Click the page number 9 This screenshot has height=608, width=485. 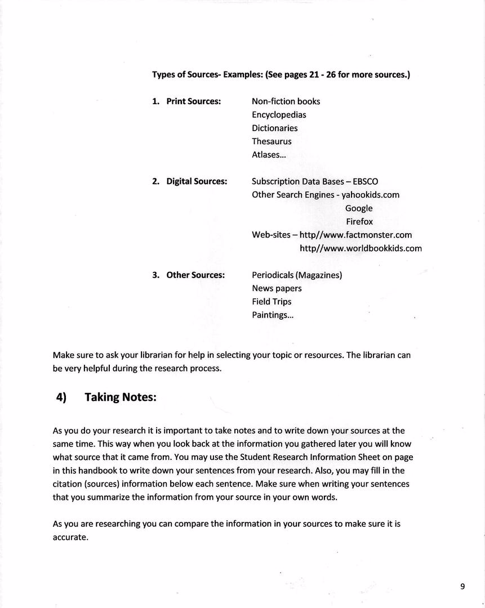click(x=462, y=586)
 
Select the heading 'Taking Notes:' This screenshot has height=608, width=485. click(x=120, y=397)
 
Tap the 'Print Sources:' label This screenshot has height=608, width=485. click(x=193, y=101)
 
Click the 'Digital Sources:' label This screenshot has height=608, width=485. click(x=197, y=181)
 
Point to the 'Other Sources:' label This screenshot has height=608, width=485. click(x=195, y=275)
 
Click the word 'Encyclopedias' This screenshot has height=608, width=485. click(x=279, y=115)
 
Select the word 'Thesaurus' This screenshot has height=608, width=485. click(x=272, y=141)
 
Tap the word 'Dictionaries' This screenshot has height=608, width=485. click(x=274, y=128)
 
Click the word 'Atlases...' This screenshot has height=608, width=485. click(x=268, y=155)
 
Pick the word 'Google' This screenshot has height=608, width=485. click(x=359, y=208)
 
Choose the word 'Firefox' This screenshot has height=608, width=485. click(x=359, y=222)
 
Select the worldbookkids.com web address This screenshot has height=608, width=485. click(x=361, y=248)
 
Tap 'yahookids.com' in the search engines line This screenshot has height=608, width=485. click(x=370, y=195)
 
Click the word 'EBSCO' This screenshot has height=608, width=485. click(x=365, y=181)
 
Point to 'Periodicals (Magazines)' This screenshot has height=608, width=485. click(x=297, y=275)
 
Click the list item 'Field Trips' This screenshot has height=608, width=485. click(x=272, y=302)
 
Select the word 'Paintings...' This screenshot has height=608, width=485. click(x=273, y=315)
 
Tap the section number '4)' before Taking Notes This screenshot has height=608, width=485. click(x=61, y=397)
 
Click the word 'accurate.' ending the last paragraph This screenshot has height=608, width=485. click(x=70, y=537)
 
